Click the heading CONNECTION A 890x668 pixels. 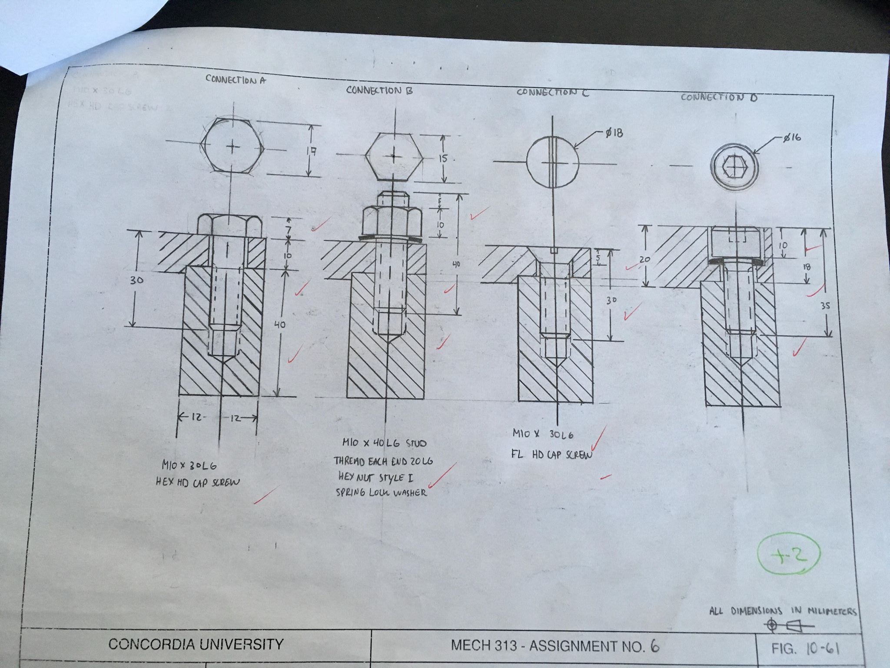tap(235, 80)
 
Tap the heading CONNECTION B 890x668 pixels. tap(379, 90)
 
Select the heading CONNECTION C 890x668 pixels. tap(552, 92)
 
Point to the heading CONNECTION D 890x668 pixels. tap(719, 97)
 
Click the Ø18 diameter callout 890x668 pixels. tap(613, 133)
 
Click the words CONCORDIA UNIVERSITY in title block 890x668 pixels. tap(196, 644)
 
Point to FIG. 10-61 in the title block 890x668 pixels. tap(805, 649)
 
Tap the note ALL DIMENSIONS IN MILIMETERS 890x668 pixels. tap(783, 611)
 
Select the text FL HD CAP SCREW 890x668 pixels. tap(552, 455)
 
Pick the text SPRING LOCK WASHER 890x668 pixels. tap(381, 492)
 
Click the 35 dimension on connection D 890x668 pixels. tap(825, 306)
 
